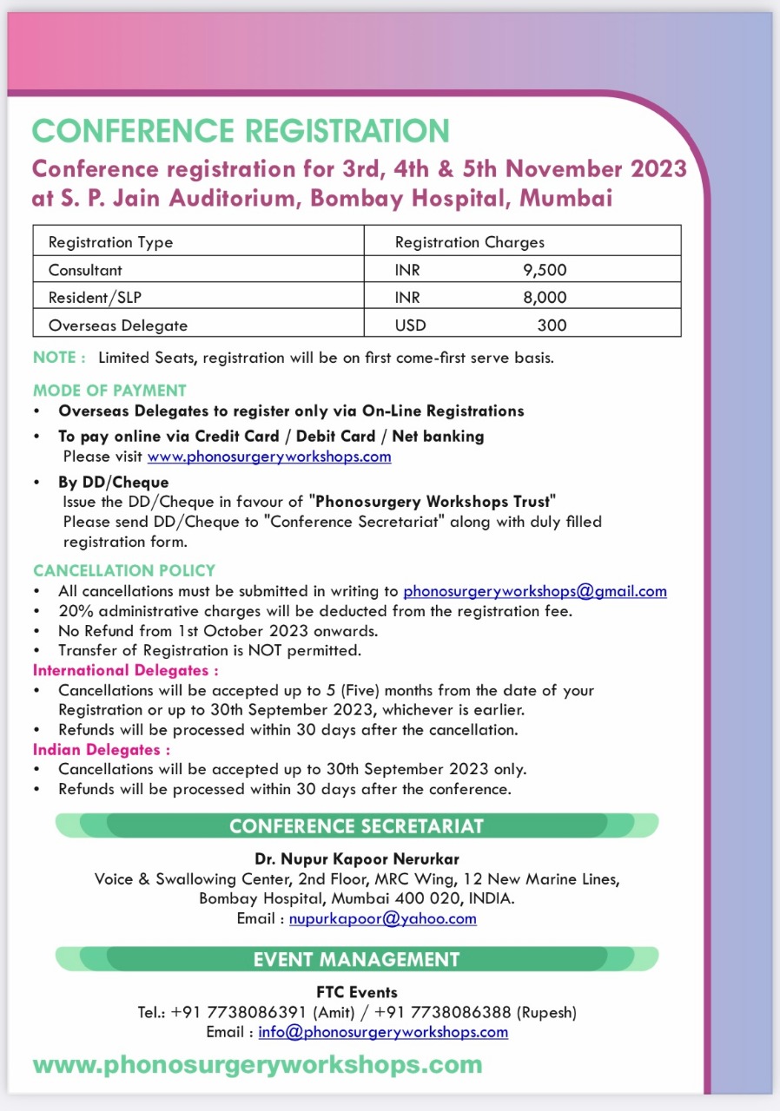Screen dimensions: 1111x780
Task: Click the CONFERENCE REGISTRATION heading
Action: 241,130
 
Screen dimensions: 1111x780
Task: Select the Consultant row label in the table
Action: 85,270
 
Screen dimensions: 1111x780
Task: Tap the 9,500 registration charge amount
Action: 545,270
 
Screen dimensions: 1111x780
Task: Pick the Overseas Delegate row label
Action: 118,325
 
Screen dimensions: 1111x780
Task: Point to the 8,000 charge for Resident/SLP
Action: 545,298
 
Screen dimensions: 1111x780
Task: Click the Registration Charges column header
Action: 470,242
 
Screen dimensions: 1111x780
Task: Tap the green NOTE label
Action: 59,357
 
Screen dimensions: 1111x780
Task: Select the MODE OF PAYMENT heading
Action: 109,390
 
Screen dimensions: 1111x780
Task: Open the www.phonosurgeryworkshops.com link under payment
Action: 269,456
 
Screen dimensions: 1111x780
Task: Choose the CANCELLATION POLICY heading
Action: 124,570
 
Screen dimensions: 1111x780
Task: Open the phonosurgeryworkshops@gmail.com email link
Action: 535,591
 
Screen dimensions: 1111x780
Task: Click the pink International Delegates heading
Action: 125,670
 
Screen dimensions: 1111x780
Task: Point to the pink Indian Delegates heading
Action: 101,749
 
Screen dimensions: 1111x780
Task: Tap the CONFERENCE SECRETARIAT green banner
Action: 356,825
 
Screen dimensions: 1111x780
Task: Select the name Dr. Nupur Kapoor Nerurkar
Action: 356,859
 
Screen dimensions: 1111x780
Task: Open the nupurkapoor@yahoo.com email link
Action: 382,918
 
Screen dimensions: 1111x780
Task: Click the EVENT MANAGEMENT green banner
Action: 356,959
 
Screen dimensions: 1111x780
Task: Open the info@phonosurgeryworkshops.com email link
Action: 383,1032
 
